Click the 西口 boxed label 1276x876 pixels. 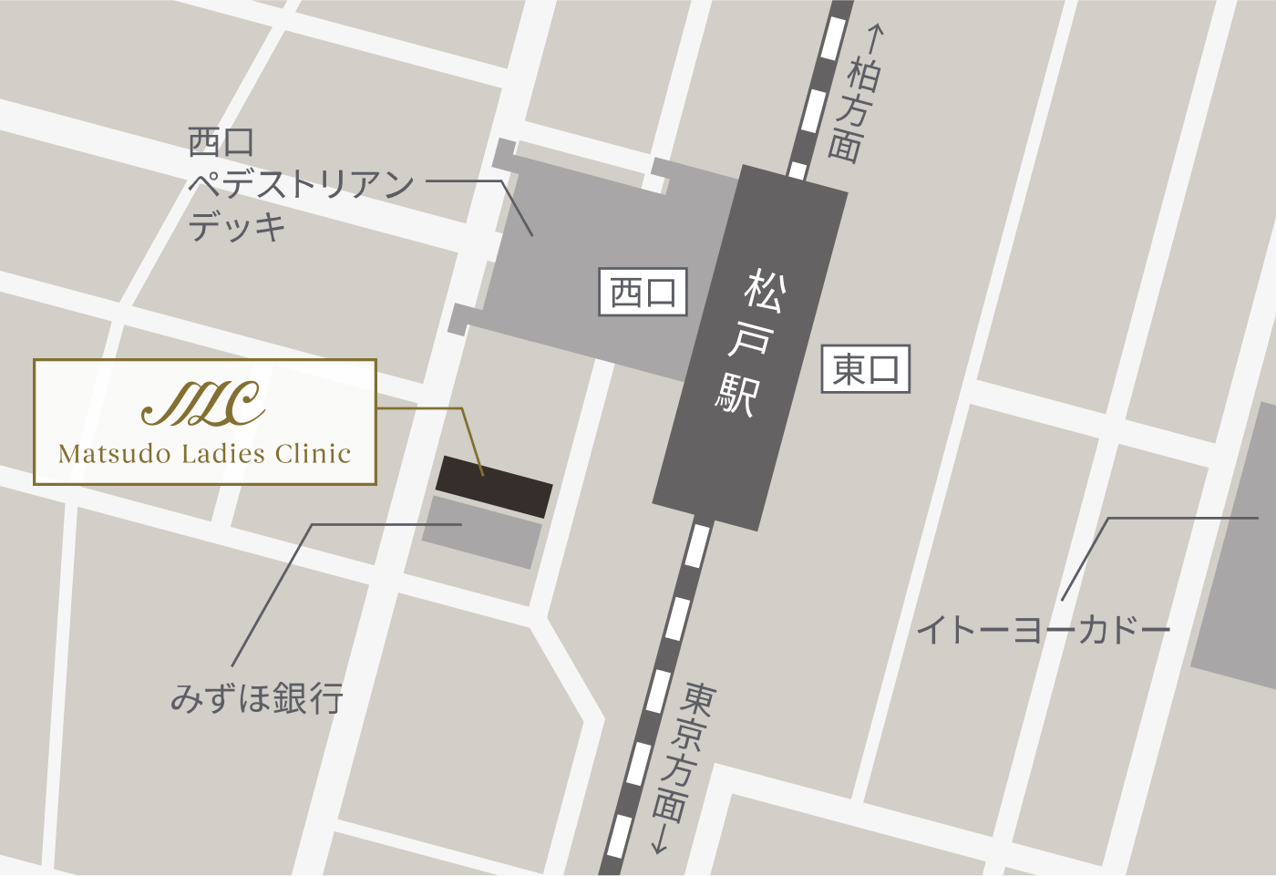point(643,293)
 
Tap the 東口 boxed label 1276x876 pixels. point(865,369)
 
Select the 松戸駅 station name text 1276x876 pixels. point(751,341)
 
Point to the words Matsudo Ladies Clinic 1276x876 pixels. point(204,454)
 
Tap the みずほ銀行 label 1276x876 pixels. point(257,698)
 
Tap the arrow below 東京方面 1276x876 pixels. point(659,840)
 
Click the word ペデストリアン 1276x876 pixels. point(301,185)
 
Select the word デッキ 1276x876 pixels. point(237,226)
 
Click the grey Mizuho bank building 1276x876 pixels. point(482,532)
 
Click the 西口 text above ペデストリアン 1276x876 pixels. point(221,142)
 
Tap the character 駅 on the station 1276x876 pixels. point(736,394)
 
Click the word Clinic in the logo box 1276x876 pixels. point(313,454)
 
